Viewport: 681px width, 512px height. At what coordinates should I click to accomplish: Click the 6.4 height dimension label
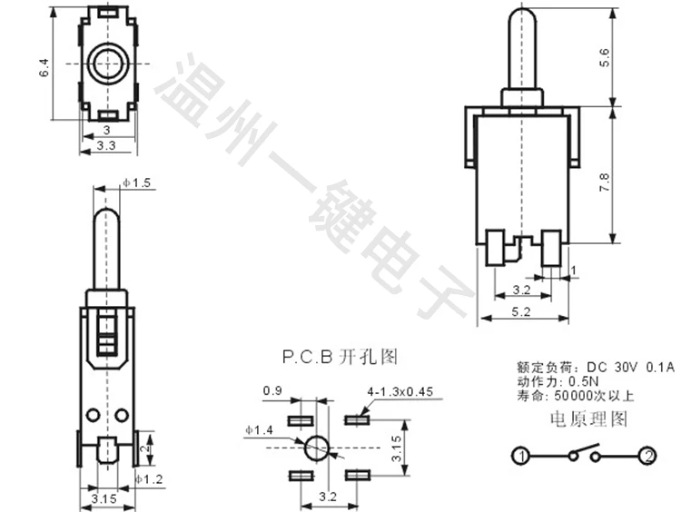(44, 68)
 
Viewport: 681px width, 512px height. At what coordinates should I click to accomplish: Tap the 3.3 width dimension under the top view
(106, 145)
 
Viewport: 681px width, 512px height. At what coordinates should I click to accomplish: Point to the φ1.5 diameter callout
(136, 182)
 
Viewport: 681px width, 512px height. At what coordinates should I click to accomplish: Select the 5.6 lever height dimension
(605, 58)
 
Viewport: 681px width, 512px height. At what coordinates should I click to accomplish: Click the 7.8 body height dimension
(605, 182)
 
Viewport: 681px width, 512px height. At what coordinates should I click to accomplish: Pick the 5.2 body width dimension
(521, 311)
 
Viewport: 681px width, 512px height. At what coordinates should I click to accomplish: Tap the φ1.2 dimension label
(149, 479)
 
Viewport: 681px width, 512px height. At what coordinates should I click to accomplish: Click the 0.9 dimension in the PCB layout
(272, 391)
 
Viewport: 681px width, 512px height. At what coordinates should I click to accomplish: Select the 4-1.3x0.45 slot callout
(400, 391)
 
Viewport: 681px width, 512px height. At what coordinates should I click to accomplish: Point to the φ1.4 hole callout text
(260, 430)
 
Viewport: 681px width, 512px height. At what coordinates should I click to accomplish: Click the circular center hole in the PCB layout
(317, 448)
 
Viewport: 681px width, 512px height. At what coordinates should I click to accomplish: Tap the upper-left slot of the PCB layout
(301, 420)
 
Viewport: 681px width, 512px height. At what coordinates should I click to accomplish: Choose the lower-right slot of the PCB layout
(357, 476)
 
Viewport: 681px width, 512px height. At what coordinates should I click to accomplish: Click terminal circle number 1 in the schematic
(520, 456)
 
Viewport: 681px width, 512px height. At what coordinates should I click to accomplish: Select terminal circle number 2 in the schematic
(648, 456)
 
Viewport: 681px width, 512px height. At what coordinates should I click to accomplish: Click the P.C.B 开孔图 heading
(340, 357)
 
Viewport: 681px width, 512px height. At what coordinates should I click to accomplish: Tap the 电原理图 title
(589, 419)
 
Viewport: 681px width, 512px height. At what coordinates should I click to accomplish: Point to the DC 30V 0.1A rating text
(631, 368)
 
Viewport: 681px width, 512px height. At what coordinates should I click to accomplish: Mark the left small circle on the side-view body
(93, 415)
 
